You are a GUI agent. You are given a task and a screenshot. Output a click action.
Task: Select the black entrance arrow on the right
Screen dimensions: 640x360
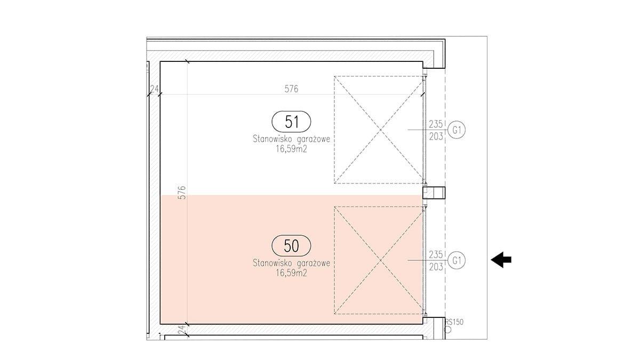pyautogui.click(x=501, y=260)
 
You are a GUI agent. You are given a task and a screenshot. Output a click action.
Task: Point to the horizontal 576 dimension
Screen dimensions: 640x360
pyautogui.click(x=291, y=89)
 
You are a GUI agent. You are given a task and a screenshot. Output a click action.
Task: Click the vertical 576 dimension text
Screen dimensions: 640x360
pyautogui.click(x=182, y=193)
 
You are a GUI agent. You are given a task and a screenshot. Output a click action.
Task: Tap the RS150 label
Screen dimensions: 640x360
pyautogui.click(x=454, y=322)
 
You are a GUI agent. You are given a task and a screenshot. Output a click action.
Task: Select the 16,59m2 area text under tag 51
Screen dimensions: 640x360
pyautogui.click(x=291, y=149)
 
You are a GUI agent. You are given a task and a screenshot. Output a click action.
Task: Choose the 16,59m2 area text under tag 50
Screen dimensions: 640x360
pyautogui.click(x=291, y=273)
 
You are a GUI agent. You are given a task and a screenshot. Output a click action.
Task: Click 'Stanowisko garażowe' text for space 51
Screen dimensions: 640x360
pyautogui.click(x=291, y=139)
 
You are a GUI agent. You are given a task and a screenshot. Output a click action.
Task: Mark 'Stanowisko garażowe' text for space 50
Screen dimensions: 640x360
pyautogui.click(x=291, y=263)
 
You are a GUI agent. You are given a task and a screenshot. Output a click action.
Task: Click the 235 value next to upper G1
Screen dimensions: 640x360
pyautogui.click(x=436, y=124)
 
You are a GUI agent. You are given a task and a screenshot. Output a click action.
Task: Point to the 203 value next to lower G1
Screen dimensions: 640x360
pyautogui.click(x=436, y=267)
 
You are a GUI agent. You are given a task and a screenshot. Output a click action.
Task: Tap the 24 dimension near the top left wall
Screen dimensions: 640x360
pyautogui.click(x=154, y=89)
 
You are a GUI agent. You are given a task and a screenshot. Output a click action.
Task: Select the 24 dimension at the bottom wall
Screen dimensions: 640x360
pyautogui.click(x=182, y=331)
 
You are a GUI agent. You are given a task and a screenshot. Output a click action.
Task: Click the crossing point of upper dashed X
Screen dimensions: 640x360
pyautogui.click(x=380, y=130)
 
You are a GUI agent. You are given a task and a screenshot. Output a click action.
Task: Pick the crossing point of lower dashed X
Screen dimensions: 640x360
pyautogui.click(x=380, y=260)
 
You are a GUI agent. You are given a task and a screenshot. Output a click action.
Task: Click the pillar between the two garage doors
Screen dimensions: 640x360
pyautogui.click(x=434, y=193)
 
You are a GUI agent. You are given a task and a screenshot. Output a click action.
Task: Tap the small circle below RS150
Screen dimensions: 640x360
pyautogui.click(x=447, y=330)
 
